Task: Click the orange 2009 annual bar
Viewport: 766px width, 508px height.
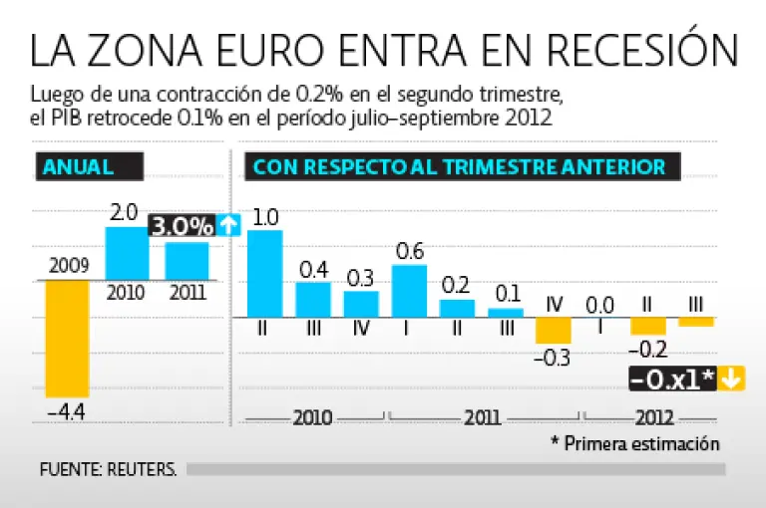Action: click(67, 339)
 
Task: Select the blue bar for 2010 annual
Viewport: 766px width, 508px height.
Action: click(127, 253)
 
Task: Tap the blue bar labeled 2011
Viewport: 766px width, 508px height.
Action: click(187, 261)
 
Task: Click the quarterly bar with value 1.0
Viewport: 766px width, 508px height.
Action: click(264, 273)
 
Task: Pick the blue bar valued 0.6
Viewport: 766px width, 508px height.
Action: click(409, 290)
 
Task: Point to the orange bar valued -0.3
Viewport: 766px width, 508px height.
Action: click(553, 330)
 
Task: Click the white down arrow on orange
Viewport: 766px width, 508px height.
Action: click(731, 379)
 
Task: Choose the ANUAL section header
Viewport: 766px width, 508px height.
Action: click(78, 166)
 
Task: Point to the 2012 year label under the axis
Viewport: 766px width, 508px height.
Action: click(653, 417)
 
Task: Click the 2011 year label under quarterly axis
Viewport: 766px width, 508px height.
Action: click(482, 417)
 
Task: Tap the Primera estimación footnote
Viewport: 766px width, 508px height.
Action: click(635, 443)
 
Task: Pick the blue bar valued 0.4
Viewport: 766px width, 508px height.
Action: click(313, 299)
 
